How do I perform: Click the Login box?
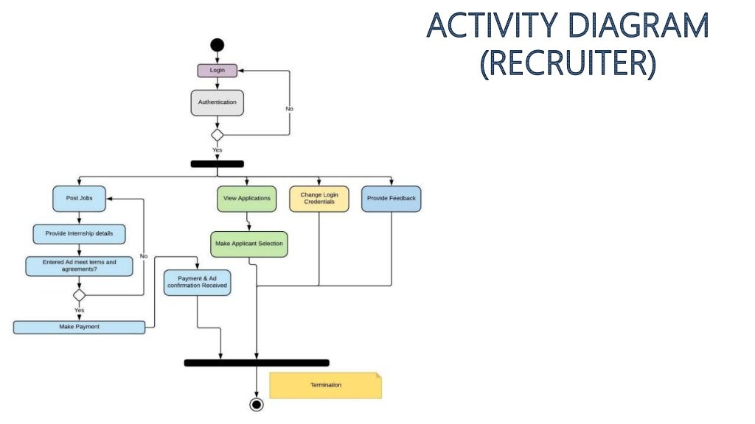pos(217,71)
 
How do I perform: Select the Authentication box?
pos(217,102)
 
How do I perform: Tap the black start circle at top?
pos(217,46)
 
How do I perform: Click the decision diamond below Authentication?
pos(217,135)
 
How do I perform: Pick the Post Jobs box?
pos(79,198)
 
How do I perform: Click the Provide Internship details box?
pos(79,233)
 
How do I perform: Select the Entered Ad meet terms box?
pos(79,266)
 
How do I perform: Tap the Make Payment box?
pos(79,327)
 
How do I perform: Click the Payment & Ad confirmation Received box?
pos(197,282)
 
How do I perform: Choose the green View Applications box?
pos(246,198)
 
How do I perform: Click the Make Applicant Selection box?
pos(248,244)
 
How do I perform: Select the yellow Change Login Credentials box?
pos(319,198)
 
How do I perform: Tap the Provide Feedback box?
pos(391,198)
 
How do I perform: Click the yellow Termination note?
pos(325,385)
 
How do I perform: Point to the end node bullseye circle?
pos(256,404)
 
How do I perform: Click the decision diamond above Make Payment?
pos(79,295)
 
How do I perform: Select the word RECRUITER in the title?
pos(567,62)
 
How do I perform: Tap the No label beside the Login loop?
pos(289,109)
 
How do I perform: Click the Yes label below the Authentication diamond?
pos(217,150)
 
